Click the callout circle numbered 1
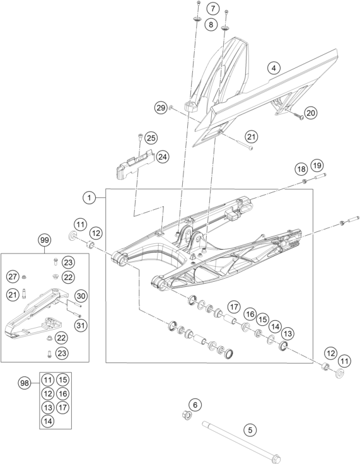91,197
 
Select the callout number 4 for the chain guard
273,67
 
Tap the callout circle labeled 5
250,431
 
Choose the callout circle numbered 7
212,9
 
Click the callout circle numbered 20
311,113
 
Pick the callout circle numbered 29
160,108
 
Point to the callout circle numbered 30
80,296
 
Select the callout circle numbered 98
25,383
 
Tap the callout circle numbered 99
44,240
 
